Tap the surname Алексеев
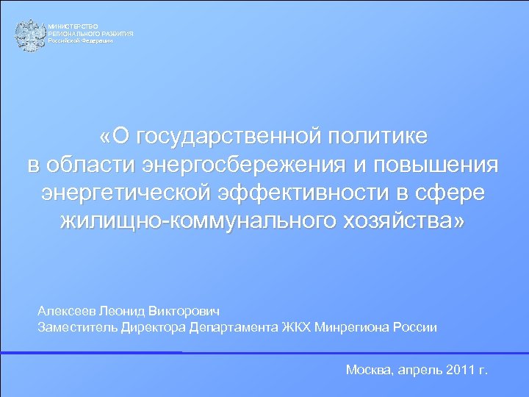(67, 311)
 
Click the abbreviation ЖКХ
(295, 327)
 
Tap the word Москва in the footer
(370, 370)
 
